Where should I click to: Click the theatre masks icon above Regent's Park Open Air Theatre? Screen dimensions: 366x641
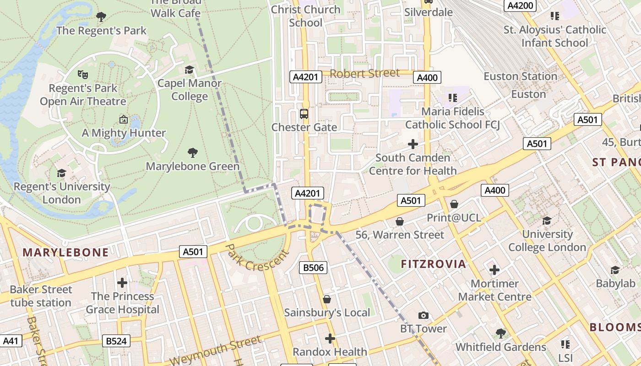click(x=82, y=74)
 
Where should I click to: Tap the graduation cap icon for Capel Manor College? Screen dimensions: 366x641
click(x=189, y=70)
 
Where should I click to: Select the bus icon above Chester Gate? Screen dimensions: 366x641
click(x=304, y=113)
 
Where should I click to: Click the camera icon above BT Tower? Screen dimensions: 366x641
click(x=424, y=315)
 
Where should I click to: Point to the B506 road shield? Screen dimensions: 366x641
click(x=314, y=267)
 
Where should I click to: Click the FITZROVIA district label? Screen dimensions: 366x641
click(x=433, y=264)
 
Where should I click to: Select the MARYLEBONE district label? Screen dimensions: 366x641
click(x=65, y=252)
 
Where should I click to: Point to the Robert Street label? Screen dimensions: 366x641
click(x=364, y=73)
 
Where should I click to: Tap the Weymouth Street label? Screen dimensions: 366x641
click(x=215, y=350)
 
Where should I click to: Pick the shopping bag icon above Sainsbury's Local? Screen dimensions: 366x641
click(x=327, y=299)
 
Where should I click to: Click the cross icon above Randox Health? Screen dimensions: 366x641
click(x=330, y=339)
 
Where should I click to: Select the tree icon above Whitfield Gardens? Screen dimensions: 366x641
click(x=500, y=334)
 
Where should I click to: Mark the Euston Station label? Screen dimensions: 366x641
click(x=520, y=76)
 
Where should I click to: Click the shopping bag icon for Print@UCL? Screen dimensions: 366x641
click(x=454, y=204)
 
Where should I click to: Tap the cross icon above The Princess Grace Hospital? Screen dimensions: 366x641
click(x=122, y=283)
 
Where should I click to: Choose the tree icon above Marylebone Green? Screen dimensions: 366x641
click(x=193, y=153)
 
